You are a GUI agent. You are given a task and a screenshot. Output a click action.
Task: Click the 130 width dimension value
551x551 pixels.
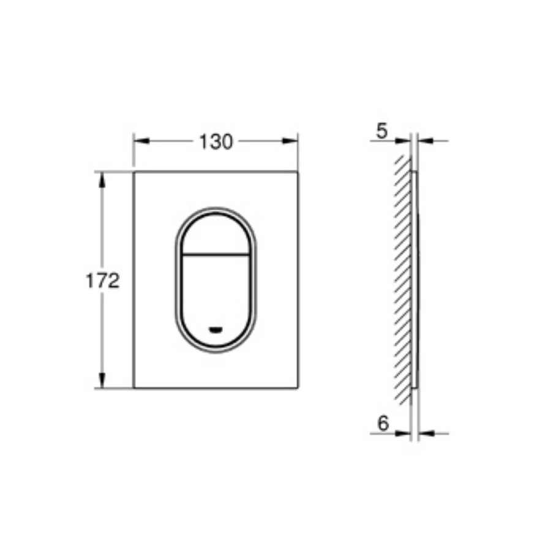point(216,141)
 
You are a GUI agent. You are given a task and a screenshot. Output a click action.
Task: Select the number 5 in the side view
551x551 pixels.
point(382,131)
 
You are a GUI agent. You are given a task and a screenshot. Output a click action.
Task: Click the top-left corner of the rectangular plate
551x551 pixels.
point(133,171)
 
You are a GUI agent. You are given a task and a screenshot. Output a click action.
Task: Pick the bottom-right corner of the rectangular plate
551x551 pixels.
point(298,388)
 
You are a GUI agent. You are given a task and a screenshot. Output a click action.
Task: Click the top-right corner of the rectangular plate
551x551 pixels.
point(298,171)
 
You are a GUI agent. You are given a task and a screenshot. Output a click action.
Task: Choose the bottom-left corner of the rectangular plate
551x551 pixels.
point(133,388)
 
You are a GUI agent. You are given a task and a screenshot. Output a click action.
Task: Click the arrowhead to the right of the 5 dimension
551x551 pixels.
point(425,141)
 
